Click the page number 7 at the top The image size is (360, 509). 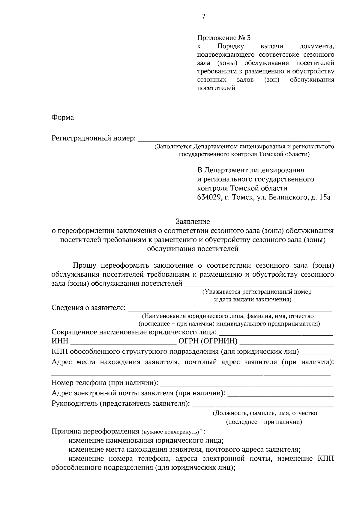click(203, 16)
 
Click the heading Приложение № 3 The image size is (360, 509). click(223, 38)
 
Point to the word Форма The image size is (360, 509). click(63, 117)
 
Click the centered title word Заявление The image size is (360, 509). click(193, 222)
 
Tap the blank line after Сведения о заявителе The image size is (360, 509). click(230, 309)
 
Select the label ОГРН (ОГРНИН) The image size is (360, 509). click(208, 341)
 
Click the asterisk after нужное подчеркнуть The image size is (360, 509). click(201, 430)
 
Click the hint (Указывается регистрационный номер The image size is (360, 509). click(257, 292)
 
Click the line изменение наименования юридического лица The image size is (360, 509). click(146, 441)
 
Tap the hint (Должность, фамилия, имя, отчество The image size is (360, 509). click(265, 413)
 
